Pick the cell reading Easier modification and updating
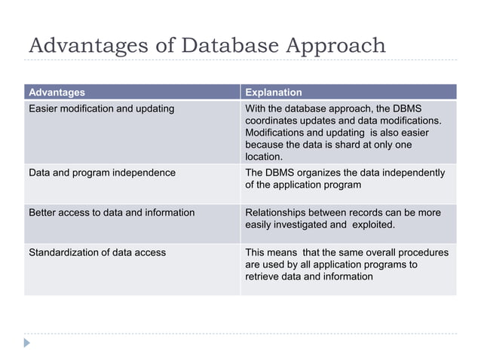(101, 108)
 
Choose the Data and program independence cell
(102, 172)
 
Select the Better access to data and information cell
(112, 212)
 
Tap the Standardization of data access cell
(97, 252)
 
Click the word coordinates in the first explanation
(273, 121)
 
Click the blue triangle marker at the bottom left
(28, 343)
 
